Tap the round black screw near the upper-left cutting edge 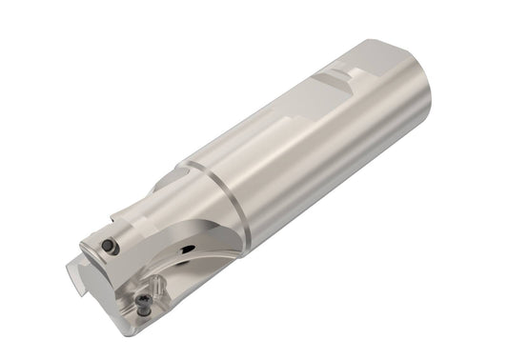(110, 247)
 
